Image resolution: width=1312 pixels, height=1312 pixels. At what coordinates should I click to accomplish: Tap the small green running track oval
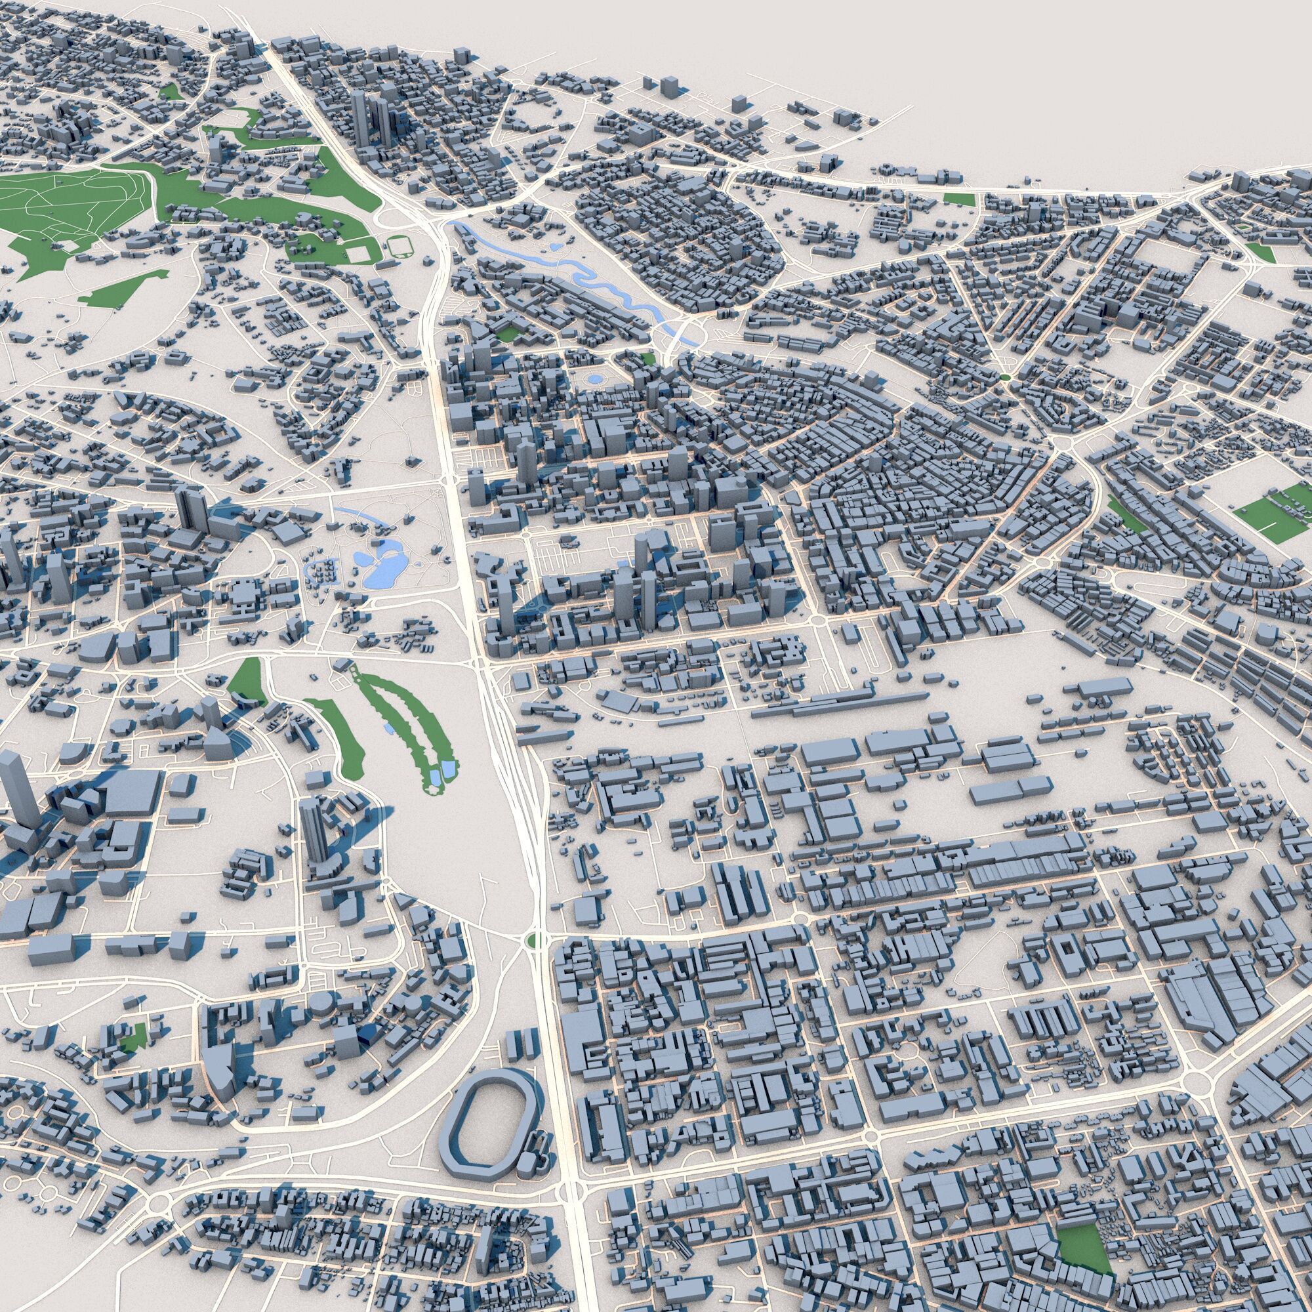click(x=398, y=246)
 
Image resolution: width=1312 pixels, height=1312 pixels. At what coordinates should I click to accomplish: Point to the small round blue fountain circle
click(x=596, y=379)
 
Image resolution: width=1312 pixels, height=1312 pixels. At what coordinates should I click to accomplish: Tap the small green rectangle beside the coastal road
click(x=958, y=199)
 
